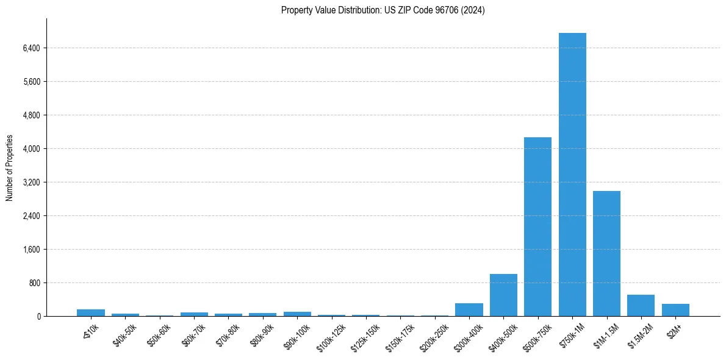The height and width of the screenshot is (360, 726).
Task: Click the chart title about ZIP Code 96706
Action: coord(383,10)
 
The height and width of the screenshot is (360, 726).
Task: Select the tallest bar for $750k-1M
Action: coord(572,175)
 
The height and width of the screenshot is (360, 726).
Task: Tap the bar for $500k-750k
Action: coord(537,226)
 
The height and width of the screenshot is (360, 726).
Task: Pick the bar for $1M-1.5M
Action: coord(606,253)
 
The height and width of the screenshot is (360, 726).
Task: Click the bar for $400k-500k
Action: coord(503,295)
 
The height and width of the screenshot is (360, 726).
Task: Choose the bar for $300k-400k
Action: coord(469,309)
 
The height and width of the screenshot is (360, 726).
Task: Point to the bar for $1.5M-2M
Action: coord(641,305)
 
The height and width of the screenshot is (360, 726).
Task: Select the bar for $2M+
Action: coord(675,310)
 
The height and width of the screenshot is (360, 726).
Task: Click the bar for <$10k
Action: coord(91,312)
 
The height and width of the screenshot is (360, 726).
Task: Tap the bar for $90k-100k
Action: coord(297,314)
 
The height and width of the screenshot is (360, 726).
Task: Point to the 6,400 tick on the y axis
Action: coord(30,48)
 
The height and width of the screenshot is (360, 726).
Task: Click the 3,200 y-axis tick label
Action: coord(30,182)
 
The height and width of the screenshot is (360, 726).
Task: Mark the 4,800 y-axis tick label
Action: coord(30,115)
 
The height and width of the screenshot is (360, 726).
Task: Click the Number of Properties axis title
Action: coord(10,168)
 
